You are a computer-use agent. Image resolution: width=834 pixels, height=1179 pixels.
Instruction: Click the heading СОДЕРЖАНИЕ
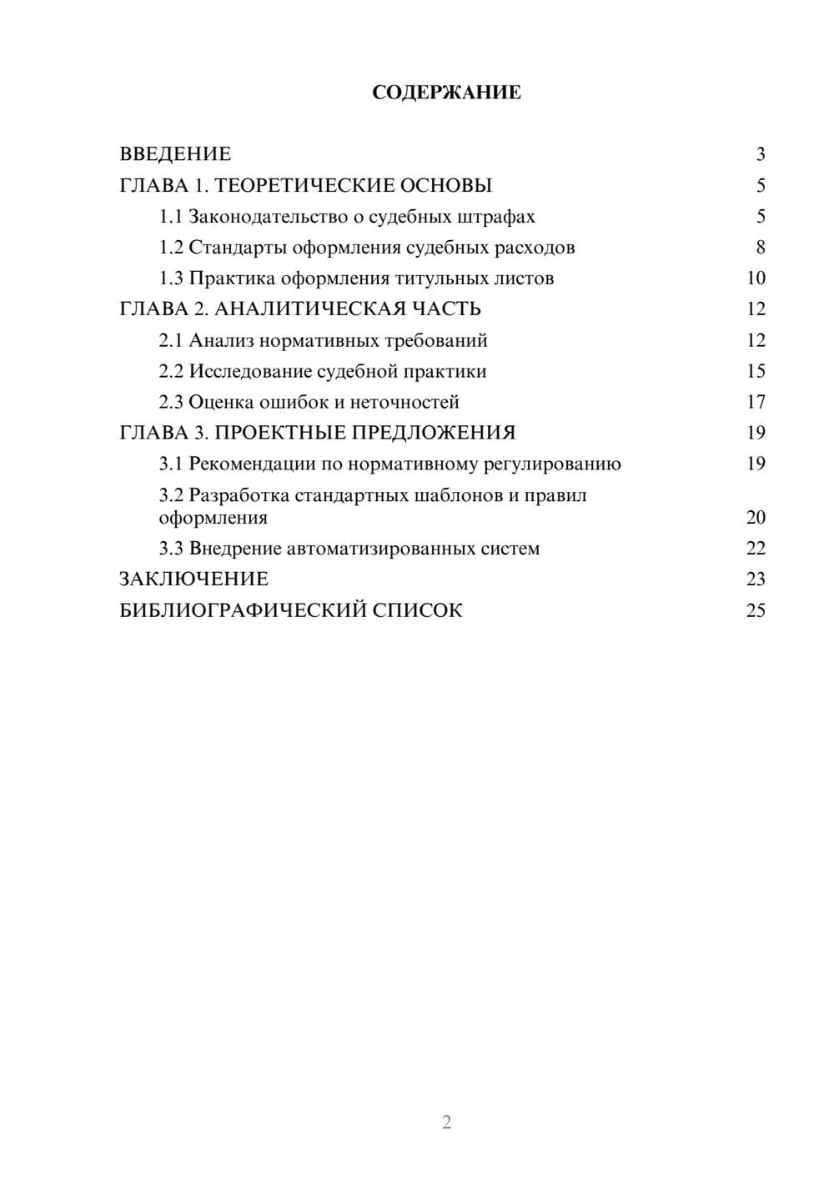(446, 93)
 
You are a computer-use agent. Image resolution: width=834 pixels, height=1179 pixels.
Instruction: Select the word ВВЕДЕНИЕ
(175, 154)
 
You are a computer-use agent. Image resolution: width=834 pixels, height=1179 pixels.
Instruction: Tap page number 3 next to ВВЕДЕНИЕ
(760, 154)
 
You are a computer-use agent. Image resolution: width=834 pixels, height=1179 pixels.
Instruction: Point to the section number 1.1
(170, 217)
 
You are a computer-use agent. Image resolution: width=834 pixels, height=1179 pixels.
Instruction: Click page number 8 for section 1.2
(760, 248)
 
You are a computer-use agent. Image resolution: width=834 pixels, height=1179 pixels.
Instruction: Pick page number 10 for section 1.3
(756, 278)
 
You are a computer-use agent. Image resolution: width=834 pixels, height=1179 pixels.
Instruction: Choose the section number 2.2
(170, 371)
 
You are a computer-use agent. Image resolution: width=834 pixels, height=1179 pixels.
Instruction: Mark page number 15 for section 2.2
(756, 371)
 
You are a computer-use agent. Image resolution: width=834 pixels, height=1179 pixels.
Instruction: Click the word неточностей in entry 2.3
(404, 402)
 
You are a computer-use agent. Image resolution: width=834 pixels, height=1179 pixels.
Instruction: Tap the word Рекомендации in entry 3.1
(253, 464)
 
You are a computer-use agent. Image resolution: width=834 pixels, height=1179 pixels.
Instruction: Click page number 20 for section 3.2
(756, 518)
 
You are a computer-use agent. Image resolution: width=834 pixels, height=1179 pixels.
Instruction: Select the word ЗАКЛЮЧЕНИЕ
(193, 579)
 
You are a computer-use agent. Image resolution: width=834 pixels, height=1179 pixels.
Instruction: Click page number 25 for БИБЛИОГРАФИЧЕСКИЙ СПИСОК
(756, 610)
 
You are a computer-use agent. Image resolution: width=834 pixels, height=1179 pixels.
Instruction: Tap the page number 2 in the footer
(446, 1122)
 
